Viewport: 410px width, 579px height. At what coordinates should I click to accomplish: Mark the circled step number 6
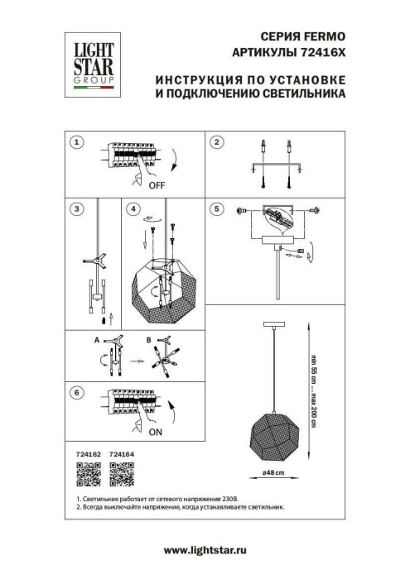(76, 392)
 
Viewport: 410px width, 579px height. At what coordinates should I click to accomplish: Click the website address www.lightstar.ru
(205, 549)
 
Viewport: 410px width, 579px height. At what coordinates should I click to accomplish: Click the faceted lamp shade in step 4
(164, 289)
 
